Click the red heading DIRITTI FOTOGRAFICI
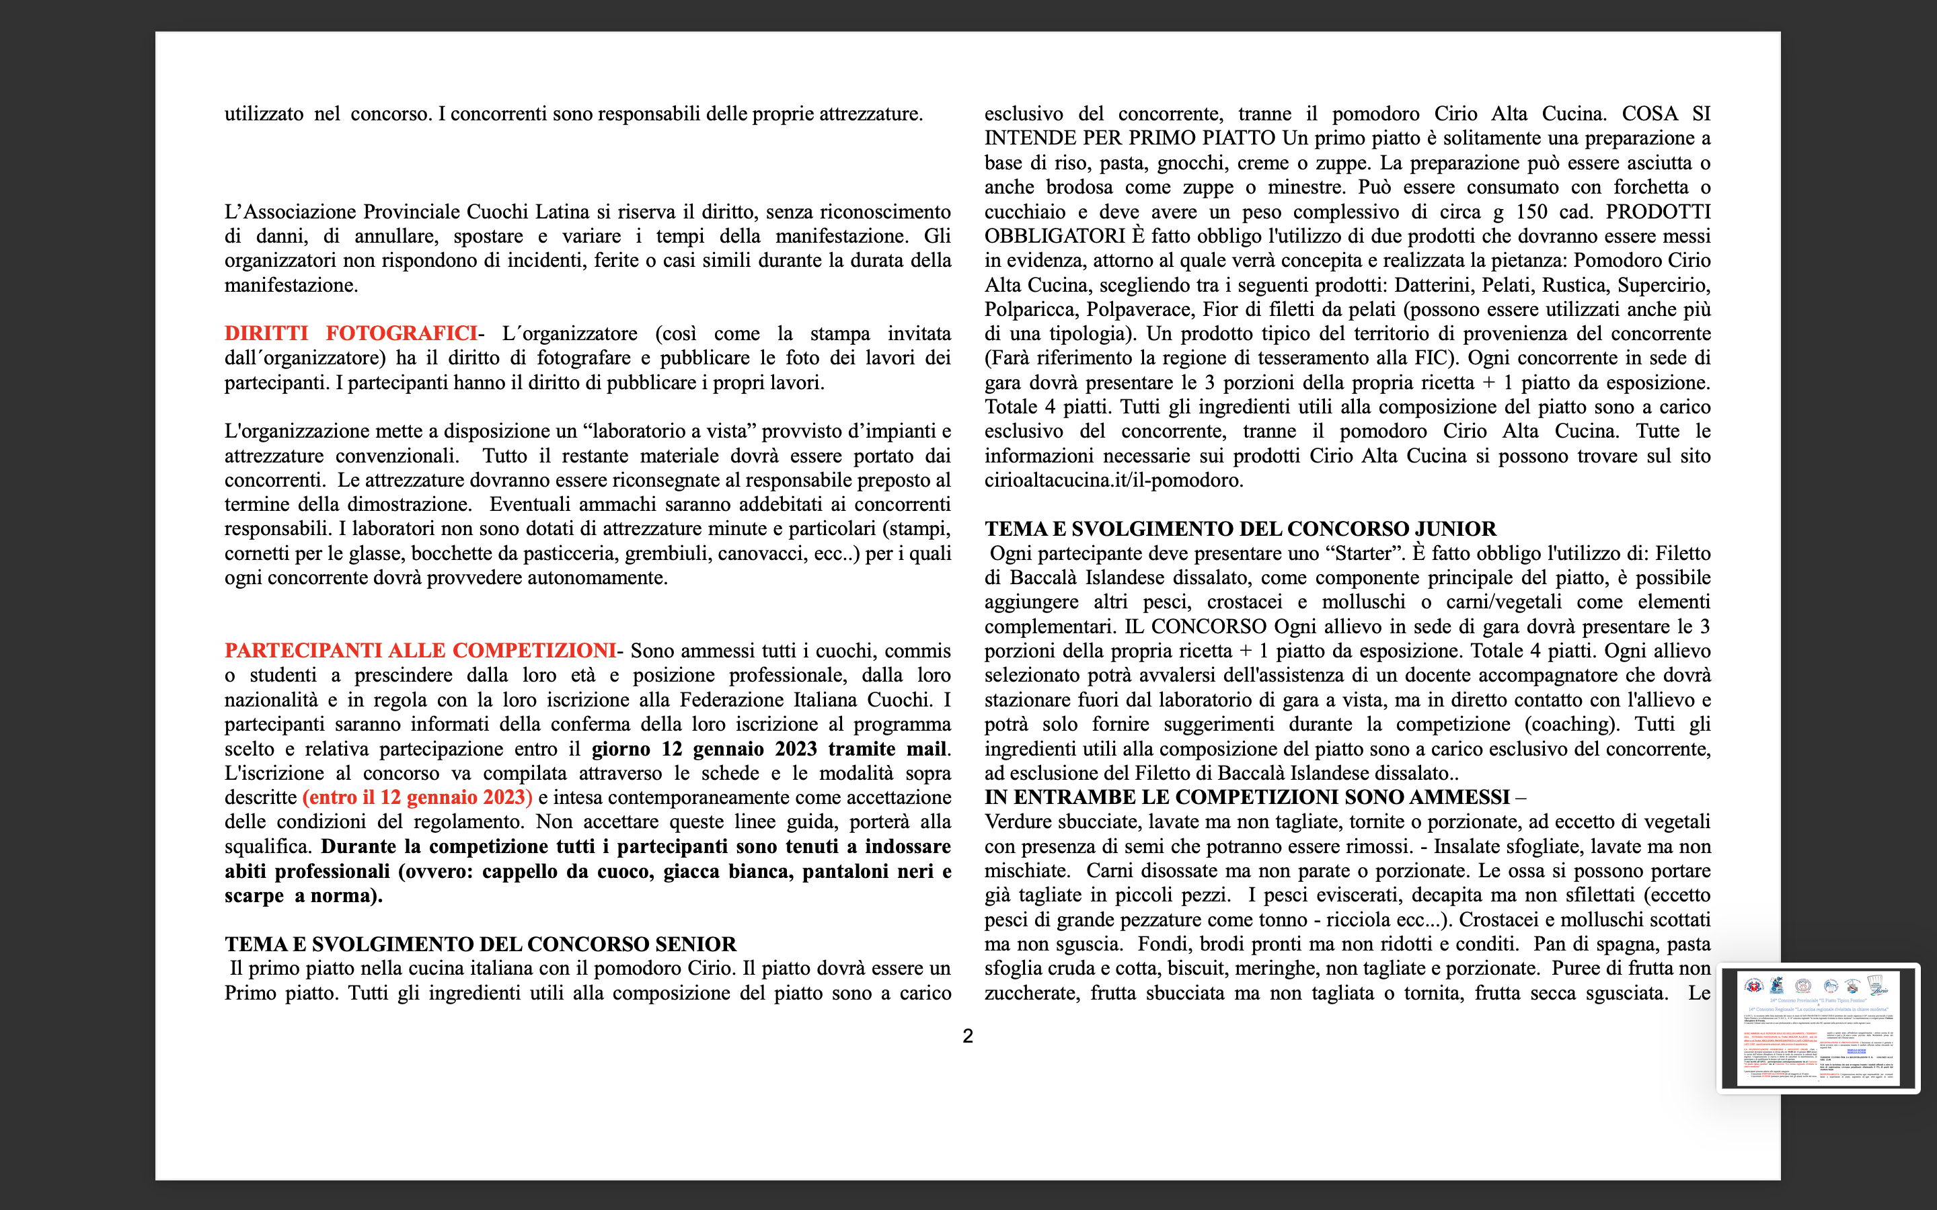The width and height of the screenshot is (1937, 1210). tap(350, 333)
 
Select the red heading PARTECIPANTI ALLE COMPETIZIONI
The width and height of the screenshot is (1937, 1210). tap(420, 651)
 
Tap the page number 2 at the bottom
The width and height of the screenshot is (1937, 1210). tap(968, 1037)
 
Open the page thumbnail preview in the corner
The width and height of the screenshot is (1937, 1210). tap(1819, 1028)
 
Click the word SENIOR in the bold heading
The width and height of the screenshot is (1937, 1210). tap(695, 944)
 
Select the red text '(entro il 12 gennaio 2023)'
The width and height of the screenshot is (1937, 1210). tap(417, 798)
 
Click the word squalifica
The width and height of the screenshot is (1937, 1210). tap(267, 847)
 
